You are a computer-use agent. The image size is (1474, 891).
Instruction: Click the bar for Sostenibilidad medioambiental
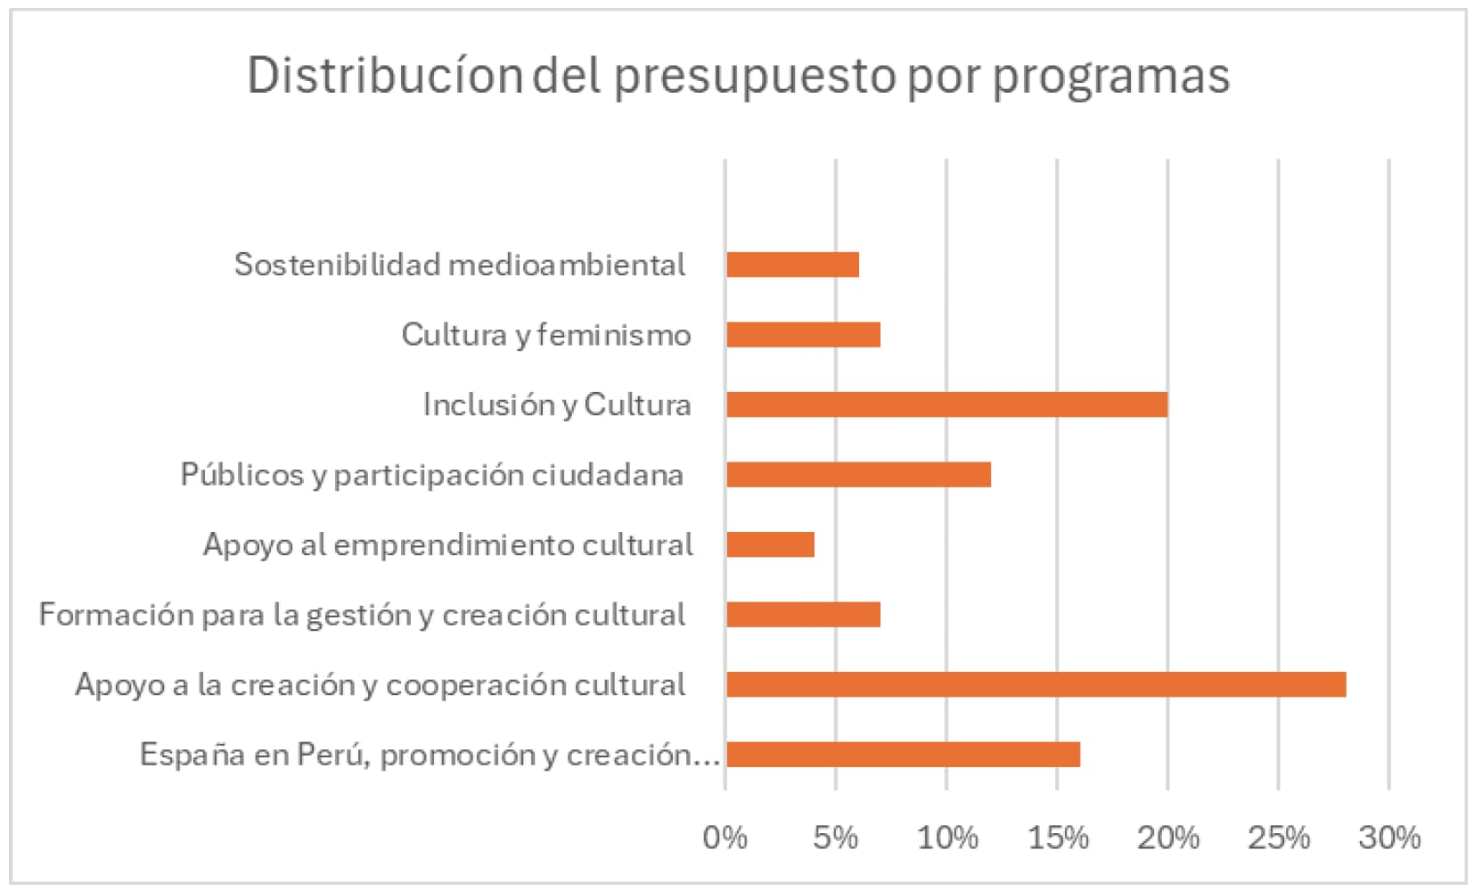(792, 265)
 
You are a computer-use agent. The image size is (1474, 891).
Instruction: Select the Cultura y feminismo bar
(803, 335)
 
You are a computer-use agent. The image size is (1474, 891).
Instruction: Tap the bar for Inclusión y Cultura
(946, 405)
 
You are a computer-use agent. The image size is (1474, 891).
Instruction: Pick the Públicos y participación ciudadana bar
(858, 475)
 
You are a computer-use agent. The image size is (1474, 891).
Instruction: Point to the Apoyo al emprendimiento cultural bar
(770, 544)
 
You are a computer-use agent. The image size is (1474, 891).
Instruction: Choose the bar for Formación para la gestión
(803, 615)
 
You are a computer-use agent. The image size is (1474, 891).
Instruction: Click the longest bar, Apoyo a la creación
(1036, 684)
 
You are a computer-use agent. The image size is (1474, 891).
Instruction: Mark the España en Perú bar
(903, 755)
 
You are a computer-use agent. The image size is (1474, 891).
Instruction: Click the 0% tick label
(725, 838)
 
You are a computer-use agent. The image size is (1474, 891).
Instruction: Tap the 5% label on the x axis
(835, 838)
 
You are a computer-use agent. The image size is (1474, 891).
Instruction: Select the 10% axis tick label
(946, 838)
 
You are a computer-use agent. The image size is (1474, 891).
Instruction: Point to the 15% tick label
(1057, 838)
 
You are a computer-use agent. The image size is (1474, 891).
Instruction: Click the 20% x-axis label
(1167, 838)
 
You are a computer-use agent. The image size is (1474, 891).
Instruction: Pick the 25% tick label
(1278, 838)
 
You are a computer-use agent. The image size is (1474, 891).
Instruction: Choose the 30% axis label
(1388, 838)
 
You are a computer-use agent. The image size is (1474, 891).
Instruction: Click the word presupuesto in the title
(755, 77)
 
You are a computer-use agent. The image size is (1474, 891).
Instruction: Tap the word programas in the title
(1110, 77)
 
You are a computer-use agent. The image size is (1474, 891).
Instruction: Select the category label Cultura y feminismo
(545, 335)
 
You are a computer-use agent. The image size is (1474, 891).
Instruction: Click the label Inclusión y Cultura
(556, 405)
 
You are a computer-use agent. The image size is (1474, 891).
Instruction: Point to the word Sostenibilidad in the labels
(337, 265)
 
